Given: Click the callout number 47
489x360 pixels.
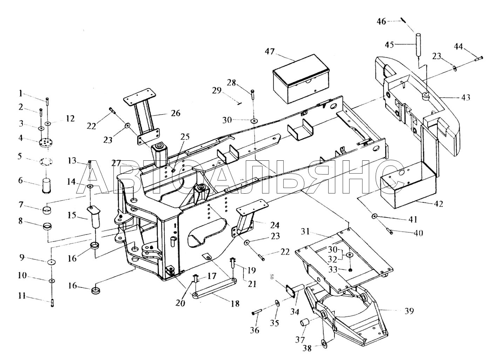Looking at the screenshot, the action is tap(270, 52).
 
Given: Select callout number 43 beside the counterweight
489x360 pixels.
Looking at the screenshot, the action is tap(466, 98).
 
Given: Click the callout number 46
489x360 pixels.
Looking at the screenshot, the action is tap(381, 22).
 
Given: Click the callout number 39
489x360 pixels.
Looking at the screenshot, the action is tap(409, 311).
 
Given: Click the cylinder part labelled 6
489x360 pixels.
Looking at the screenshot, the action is tap(46, 186).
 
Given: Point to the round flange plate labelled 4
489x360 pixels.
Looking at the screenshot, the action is tap(46, 144).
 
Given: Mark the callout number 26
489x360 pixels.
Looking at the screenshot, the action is tap(176, 113).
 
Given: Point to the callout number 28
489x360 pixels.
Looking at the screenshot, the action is tap(231, 82).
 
